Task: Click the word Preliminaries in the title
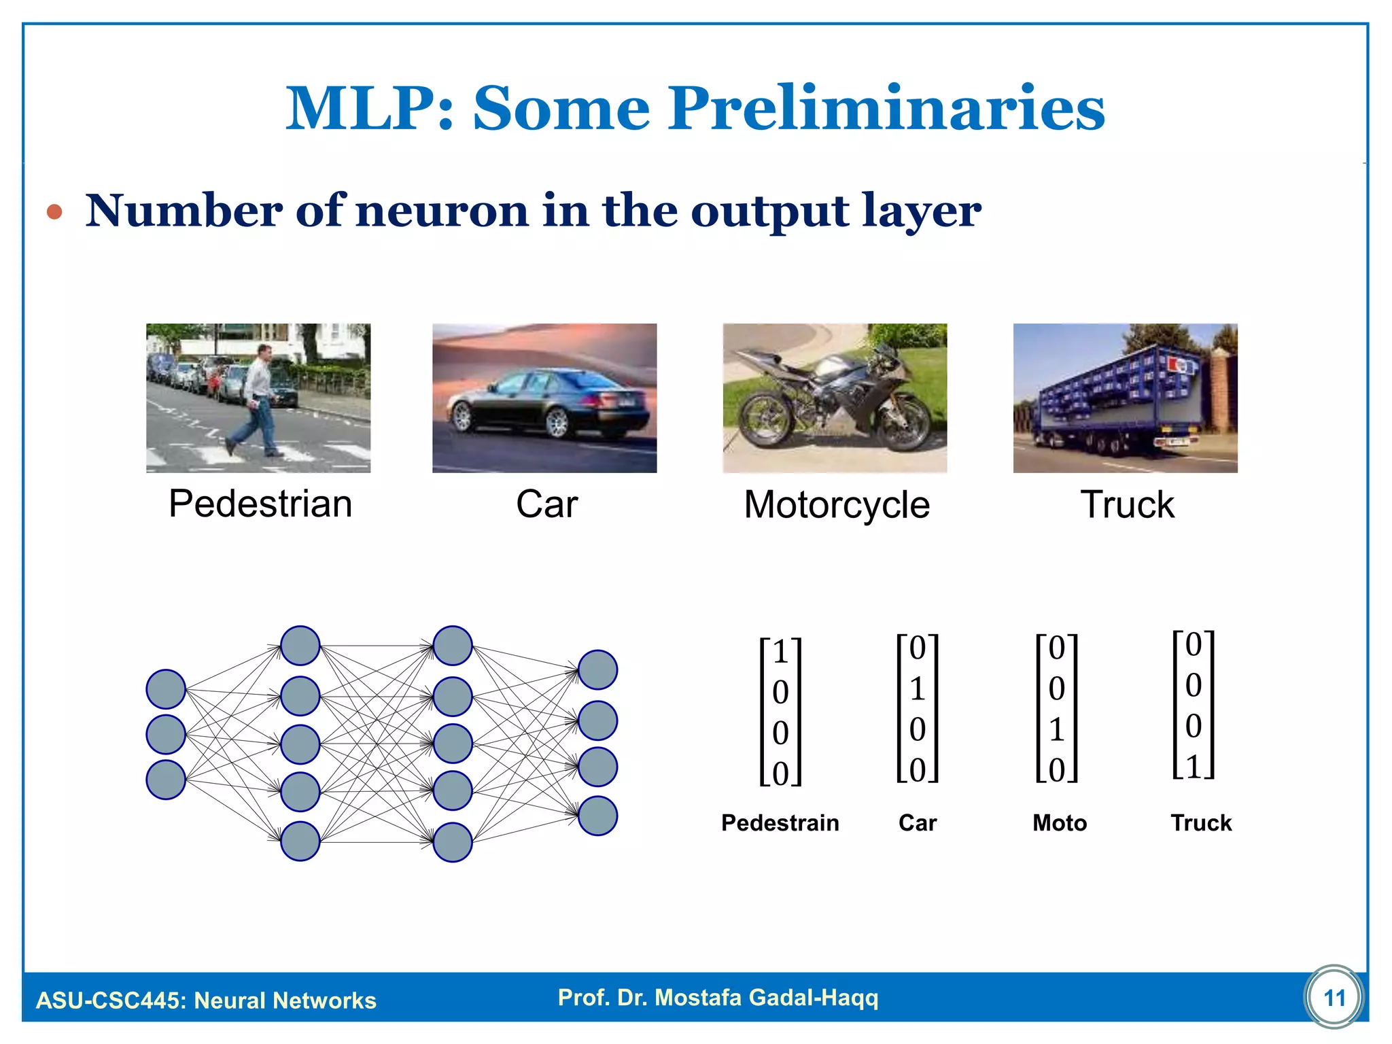click(886, 109)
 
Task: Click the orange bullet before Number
click(54, 213)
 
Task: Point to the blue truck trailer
click(1115, 387)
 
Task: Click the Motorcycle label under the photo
click(836, 505)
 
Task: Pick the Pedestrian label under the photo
click(260, 504)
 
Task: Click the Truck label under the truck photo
click(1127, 505)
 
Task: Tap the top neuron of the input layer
click(166, 689)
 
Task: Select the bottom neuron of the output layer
click(597, 816)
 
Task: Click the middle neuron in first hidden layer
click(300, 744)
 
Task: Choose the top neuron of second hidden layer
click(453, 646)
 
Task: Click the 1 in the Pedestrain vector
click(780, 652)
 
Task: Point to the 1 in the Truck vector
click(1194, 767)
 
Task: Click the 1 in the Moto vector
click(1056, 730)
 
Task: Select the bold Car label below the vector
click(918, 823)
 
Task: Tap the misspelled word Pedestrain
click(780, 823)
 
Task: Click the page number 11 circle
click(1334, 998)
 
